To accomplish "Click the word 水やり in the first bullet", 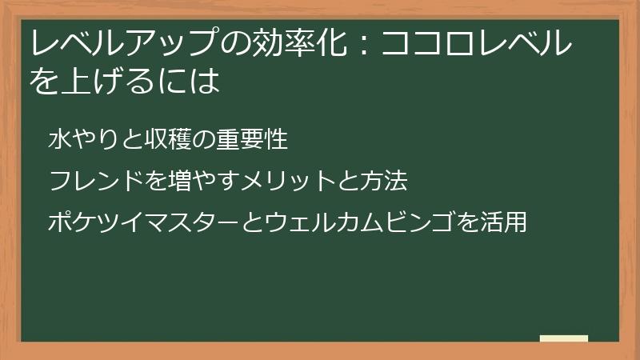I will point(78,140).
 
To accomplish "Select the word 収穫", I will point(167,140).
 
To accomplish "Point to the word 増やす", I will point(201,182).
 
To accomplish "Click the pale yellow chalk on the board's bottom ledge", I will point(564,338).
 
